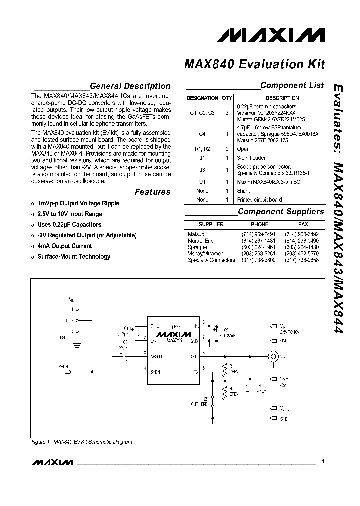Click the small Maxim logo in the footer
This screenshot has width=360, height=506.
52,463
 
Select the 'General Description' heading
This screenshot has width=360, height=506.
130,86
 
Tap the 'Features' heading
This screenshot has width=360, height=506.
152,192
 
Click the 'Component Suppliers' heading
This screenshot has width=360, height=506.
281,212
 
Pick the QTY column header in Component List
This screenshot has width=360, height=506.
227,98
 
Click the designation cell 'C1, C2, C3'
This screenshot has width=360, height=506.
202,113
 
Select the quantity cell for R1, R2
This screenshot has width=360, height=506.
227,149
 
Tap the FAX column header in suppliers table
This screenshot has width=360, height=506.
303,225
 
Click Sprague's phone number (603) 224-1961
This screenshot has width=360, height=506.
259,247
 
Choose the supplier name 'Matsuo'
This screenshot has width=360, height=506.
196,234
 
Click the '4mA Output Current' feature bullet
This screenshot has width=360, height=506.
65,246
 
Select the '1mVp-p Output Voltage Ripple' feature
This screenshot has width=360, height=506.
78,203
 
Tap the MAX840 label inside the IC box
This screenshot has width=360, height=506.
174,340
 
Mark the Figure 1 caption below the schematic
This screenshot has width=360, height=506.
82,442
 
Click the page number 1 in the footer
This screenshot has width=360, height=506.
323,462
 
